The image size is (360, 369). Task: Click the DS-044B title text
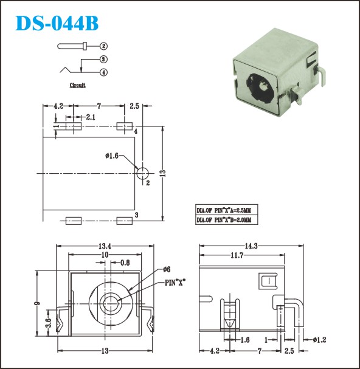point(57,23)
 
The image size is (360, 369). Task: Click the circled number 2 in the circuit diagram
point(103,46)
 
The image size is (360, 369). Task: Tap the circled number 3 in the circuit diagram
point(103,60)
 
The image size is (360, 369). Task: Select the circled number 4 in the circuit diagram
point(103,72)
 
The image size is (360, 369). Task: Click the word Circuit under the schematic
point(77,85)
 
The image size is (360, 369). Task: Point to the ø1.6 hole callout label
point(112,156)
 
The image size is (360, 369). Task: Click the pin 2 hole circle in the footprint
point(143,174)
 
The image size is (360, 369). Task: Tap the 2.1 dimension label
point(91,117)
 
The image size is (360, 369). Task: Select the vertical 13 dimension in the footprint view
point(163,173)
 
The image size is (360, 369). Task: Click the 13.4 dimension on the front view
point(105,246)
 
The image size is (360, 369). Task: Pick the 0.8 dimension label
point(125,263)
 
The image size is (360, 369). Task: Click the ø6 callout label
point(167,269)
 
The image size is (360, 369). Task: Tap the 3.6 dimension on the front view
point(49,323)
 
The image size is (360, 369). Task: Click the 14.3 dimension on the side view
point(251,246)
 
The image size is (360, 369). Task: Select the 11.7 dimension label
point(237,255)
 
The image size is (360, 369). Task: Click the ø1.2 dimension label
point(320,340)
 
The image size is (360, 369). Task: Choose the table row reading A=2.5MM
point(226,210)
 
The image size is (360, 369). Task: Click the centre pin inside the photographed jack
point(263,88)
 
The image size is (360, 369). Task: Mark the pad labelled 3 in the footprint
point(124,221)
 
